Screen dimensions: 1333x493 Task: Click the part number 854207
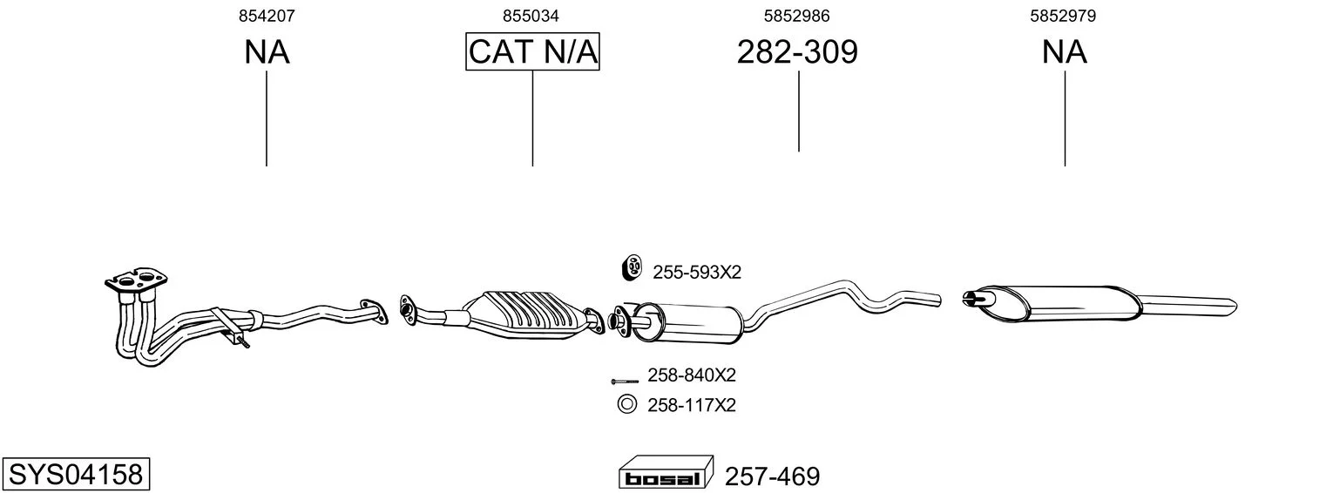pos(267,16)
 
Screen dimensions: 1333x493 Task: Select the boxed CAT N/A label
pos(532,51)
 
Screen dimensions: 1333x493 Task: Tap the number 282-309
pos(797,52)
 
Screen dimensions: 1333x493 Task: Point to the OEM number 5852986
pos(797,16)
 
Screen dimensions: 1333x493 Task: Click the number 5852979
pos(1063,16)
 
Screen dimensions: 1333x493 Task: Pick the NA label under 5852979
pos(1064,52)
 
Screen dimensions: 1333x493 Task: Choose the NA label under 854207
pos(267,52)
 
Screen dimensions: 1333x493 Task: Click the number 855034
pos(531,16)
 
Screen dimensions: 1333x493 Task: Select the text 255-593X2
pos(697,273)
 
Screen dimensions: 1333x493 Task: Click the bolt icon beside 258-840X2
pos(625,381)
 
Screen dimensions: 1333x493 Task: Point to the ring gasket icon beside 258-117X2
pos(626,404)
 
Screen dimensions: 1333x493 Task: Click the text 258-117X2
pos(692,406)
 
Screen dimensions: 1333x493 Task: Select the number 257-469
pos(772,476)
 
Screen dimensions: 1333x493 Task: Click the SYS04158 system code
pos(76,474)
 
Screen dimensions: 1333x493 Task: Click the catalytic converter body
pos(524,315)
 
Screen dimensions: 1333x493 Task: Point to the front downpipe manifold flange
pos(136,280)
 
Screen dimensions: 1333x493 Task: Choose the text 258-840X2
pos(692,375)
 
